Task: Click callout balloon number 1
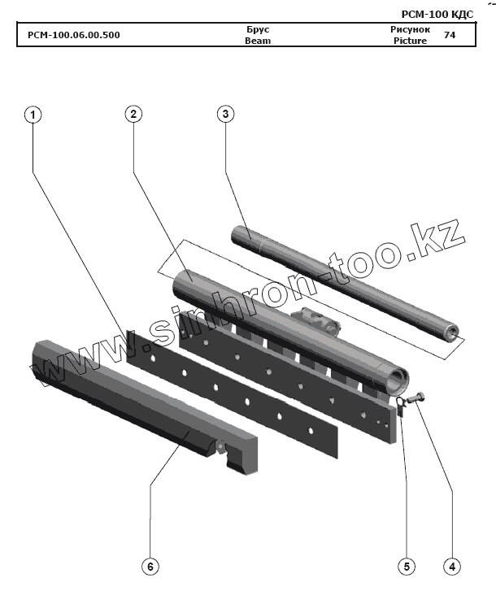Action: (x=33, y=115)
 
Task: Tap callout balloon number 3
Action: (x=225, y=114)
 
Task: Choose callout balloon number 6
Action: (x=150, y=567)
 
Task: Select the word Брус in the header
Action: (x=257, y=29)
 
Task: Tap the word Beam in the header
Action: (x=257, y=41)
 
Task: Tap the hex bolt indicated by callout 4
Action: (x=416, y=398)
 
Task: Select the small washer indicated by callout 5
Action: (x=401, y=404)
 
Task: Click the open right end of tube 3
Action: (x=450, y=332)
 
